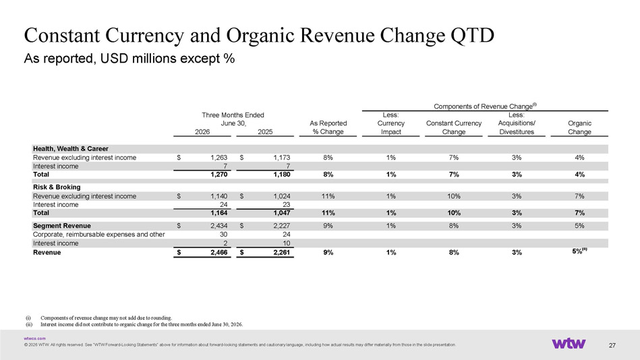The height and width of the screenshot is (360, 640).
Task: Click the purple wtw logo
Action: tap(569, 343)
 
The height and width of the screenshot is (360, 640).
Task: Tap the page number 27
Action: tap(612, 345)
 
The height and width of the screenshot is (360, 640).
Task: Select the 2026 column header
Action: tap(202, 132)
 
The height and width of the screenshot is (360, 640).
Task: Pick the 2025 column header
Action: tap(265, 132)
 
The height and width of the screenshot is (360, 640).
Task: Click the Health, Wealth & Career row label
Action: tap(71, 149)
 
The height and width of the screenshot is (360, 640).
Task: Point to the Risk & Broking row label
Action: tap(57, 187)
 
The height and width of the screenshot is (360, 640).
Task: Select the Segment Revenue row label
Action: tap(62, 226)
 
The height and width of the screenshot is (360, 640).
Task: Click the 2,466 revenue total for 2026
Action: tap(219, 253)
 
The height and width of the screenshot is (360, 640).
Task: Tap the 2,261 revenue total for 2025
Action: tap(282, 253)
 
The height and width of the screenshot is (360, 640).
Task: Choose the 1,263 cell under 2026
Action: tap(219, 158)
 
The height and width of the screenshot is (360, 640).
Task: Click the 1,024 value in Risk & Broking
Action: tap(282, 196)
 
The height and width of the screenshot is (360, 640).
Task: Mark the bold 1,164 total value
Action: tap(219, 213)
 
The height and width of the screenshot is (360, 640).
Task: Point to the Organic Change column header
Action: tap(579, 127)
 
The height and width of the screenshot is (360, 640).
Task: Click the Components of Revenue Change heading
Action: tap(485, 106)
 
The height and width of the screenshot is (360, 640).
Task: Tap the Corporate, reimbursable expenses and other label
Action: tap(98, 235)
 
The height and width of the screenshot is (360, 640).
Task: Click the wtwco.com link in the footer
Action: tap(34, 338)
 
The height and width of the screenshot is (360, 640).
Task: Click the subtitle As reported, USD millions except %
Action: tap(129, 59)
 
